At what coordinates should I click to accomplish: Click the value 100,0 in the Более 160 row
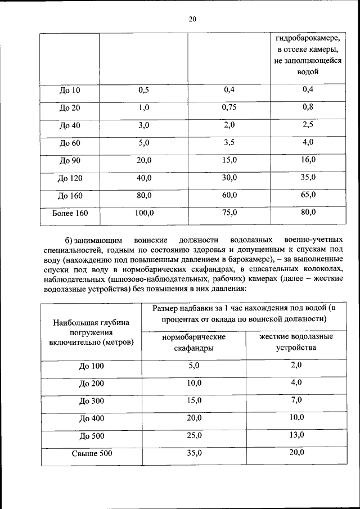(144, 213)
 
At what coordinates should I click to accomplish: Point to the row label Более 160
(70, 214)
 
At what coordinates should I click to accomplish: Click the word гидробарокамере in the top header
(308, 39)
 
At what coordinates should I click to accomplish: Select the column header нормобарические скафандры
(193, 342)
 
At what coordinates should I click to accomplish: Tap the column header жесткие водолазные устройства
(296, 341)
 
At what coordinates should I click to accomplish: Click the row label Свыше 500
(91, 454)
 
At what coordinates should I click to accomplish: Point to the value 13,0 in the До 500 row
(296, 435)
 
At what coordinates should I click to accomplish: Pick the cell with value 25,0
(193, 436)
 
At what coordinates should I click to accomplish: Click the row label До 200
(91, 384)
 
